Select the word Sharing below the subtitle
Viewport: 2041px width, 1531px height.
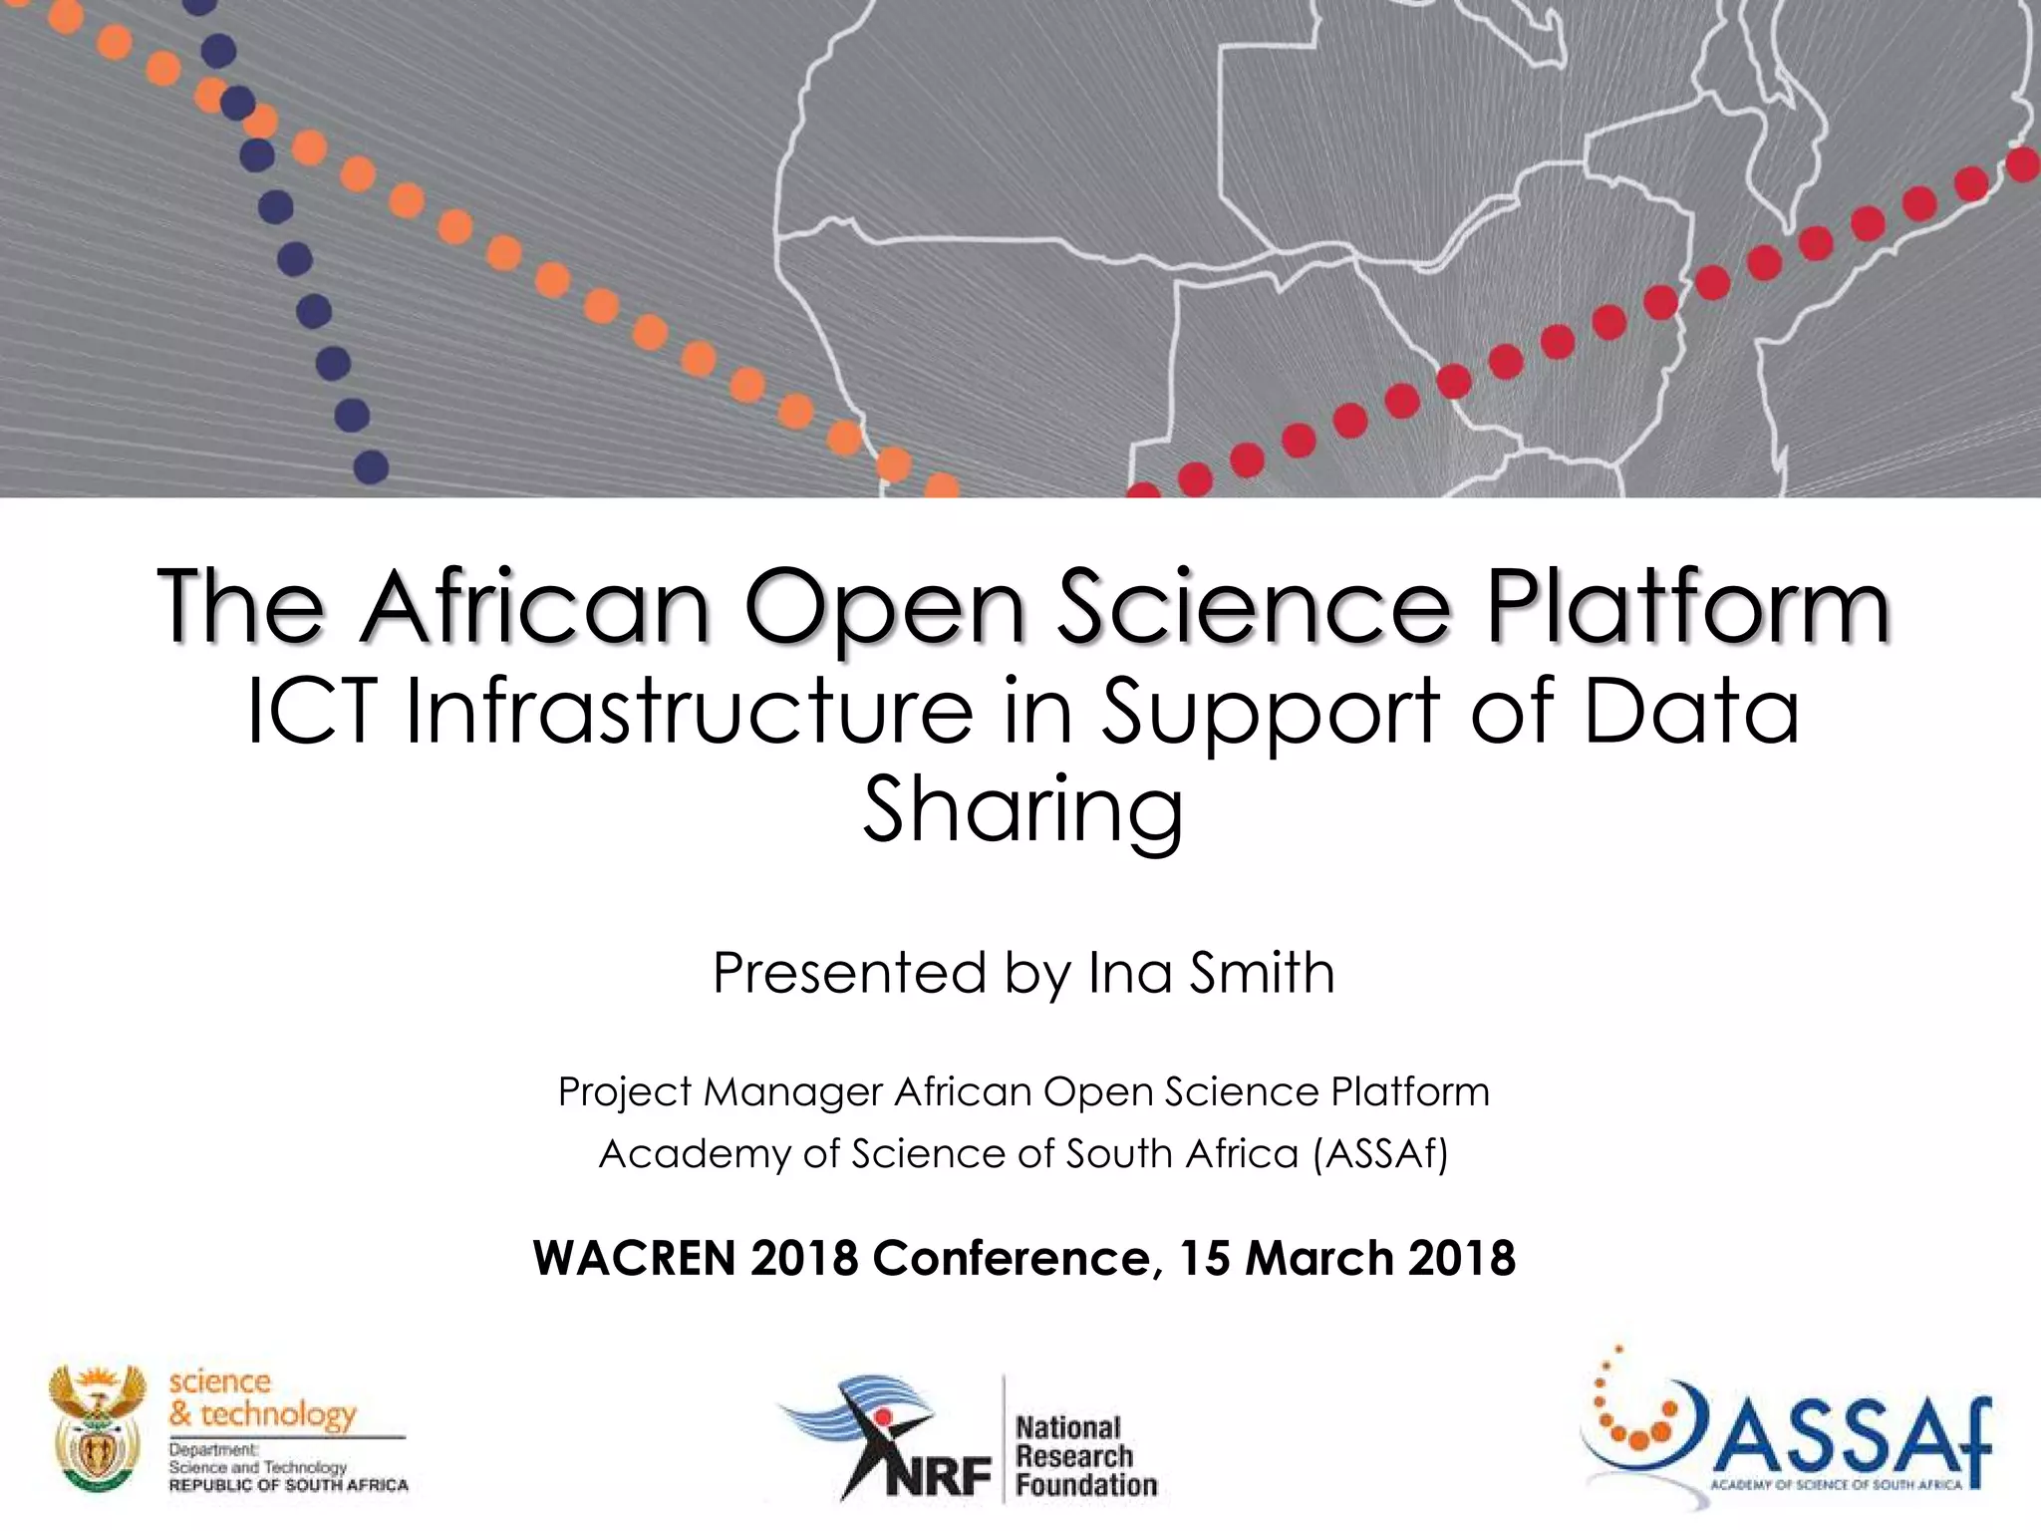[x=1022, y=809]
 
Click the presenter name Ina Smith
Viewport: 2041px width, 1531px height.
[x=1211, y=973]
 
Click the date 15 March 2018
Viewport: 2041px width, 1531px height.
[x=1347, y=1258]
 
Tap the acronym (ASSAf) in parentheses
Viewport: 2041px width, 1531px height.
[x=1380, y=1154]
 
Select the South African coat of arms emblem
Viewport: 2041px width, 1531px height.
[x=97, y=1427]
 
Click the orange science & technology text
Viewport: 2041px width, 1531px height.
[x=261, y=1397]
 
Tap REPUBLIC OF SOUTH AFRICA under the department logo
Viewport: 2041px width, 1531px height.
[x=289, y=1485]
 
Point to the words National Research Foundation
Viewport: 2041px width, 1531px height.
[x=1084, y=1456]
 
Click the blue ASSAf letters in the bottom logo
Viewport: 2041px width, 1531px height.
[x=1854, y=1439]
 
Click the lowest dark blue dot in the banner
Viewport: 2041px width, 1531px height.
[x=371, y=466]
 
